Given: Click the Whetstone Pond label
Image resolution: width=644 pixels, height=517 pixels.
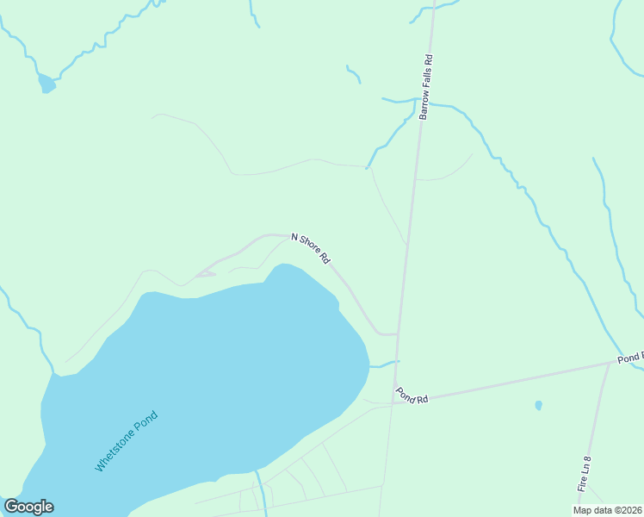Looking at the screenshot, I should pyautogui.click(x=127, y=440).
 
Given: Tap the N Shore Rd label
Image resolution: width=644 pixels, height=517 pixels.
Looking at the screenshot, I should pyautogui.click(x=311, y=247).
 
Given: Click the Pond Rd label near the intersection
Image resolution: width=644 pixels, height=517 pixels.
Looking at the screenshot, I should pyautogui.click(x=412, y=396).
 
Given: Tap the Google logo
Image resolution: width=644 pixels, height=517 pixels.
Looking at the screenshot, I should pyautogui.click(x=28, y=507).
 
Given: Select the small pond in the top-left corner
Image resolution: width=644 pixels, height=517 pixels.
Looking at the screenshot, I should pyautogui.click(x=46, y=84).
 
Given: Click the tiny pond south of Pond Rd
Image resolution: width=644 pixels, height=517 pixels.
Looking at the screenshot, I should pyautogui.click(x=538, y=405).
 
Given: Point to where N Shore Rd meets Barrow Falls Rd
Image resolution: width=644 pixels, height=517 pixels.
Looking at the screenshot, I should pyautogui.click(x=397, y=333).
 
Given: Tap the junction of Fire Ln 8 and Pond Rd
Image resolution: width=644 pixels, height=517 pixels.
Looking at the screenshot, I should pyautogui.click(x=609, y=364).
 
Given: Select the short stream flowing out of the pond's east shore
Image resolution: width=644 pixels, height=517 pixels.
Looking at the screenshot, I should pyautogui.click(x=384, y=364).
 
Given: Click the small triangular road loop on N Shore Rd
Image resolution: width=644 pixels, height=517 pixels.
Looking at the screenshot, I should pyautogui.click(x=204, y=274).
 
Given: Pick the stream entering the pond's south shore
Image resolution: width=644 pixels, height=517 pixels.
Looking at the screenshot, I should pyautogui.click(x=257, y=483).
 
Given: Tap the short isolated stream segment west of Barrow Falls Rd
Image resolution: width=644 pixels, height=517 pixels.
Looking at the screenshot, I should pyautogui.click(x=353, y=73).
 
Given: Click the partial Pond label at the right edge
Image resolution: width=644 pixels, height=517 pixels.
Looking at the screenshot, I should pyautogui.click(x=629, y=357).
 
